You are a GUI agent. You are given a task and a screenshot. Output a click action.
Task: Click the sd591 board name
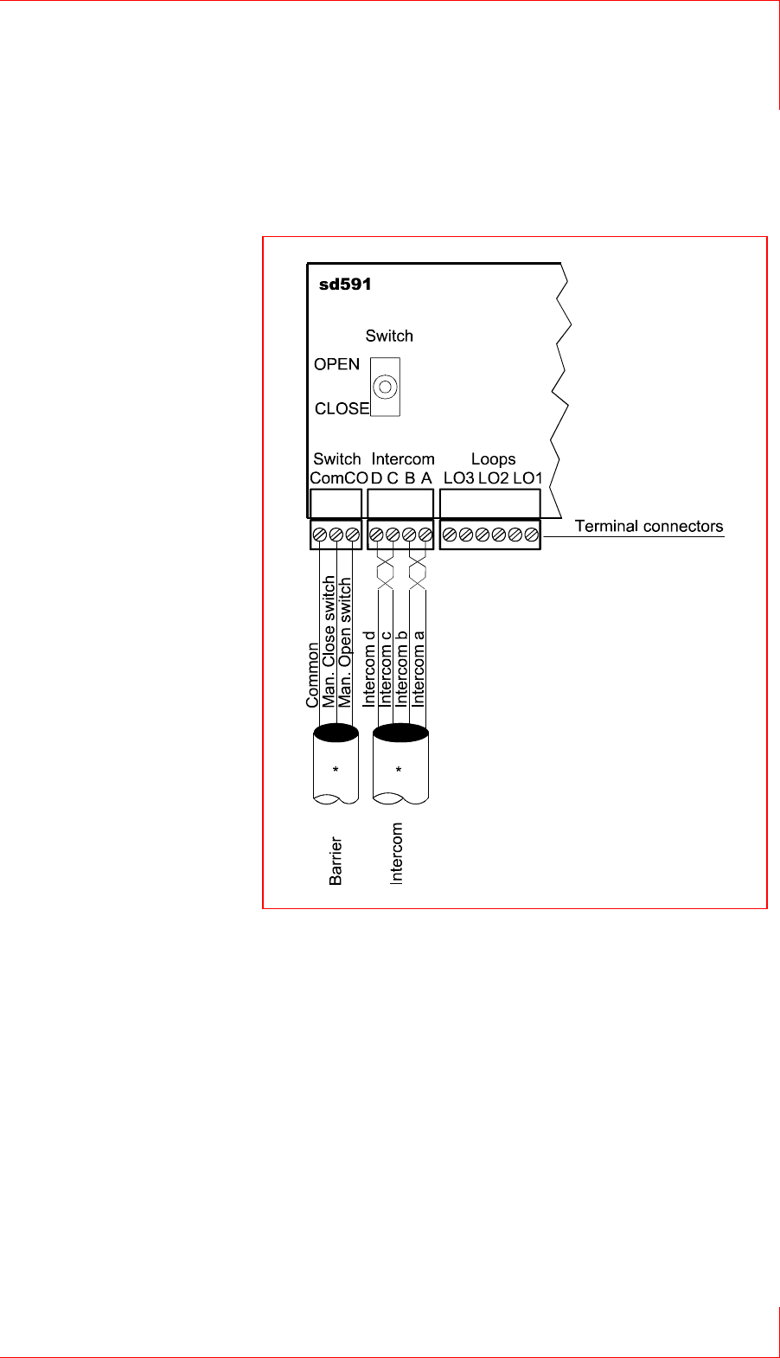(x=345, y=285)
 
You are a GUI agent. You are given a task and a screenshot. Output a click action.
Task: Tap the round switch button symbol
(x=386, y=387)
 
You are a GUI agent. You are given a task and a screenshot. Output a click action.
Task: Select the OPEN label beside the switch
(x=336, y=364)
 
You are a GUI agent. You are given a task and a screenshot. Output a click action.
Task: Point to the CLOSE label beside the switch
(x=342, y=408)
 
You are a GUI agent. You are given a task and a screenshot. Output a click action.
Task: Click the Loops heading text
(x=493, y=459)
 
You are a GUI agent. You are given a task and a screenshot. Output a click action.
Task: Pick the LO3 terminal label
(x=458, y=478)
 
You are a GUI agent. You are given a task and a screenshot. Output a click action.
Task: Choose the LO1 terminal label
(x=527, y=478)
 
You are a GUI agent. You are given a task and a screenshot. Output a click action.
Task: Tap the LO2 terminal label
(x=494, y=478)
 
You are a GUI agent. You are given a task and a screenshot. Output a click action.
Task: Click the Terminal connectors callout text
(x=649, y=526)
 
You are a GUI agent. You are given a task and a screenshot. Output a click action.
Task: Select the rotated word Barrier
(x=336, y=861)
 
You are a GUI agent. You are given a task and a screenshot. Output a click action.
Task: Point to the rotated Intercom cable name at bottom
(x=397, y=853)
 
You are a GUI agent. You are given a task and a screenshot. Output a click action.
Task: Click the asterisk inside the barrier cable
(x=336, y=770)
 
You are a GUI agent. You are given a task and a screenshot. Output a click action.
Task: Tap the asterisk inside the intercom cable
(x=400, y=770)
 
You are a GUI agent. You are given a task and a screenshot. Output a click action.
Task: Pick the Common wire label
(x=313, y=675)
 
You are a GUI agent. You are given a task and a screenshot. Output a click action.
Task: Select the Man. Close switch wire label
(x=329, y=642)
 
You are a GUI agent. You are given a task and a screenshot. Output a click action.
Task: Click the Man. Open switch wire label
(x=345, y=644)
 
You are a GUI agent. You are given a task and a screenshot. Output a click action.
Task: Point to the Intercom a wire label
(x=419, y=669)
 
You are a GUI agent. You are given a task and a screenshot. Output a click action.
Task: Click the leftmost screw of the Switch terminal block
(x=320, y=535)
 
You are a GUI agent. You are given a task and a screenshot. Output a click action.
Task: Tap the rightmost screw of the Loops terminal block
(x=531, y=535)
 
